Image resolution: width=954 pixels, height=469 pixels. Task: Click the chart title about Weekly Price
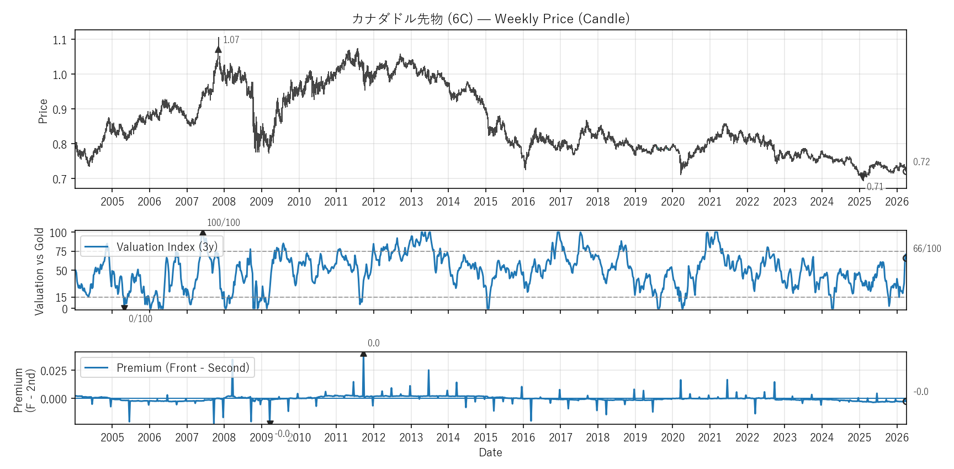490,19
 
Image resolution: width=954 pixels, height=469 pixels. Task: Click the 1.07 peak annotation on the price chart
231,40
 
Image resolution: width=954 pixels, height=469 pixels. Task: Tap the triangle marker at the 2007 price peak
218,50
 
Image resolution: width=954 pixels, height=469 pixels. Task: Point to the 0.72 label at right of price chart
921,162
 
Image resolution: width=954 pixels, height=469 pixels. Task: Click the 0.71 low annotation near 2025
875,187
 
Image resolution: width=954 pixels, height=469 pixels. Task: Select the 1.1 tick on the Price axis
60,40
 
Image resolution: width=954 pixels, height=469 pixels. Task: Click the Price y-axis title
43,111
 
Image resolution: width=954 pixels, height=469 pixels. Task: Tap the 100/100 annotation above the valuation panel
223,223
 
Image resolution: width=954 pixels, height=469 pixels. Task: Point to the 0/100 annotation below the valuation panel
140,319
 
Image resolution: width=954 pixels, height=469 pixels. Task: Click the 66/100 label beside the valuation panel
926,249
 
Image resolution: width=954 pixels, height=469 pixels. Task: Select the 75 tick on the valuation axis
61,252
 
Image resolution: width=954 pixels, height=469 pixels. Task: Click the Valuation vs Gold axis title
39,271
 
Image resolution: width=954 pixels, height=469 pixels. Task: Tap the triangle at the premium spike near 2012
363,354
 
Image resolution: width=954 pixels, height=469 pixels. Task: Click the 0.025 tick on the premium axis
54,371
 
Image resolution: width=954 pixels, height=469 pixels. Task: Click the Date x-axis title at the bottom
490,452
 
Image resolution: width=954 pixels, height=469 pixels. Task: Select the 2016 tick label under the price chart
523,202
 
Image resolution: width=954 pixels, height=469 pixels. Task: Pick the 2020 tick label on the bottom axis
672,438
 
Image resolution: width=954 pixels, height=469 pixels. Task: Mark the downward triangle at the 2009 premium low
270,423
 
